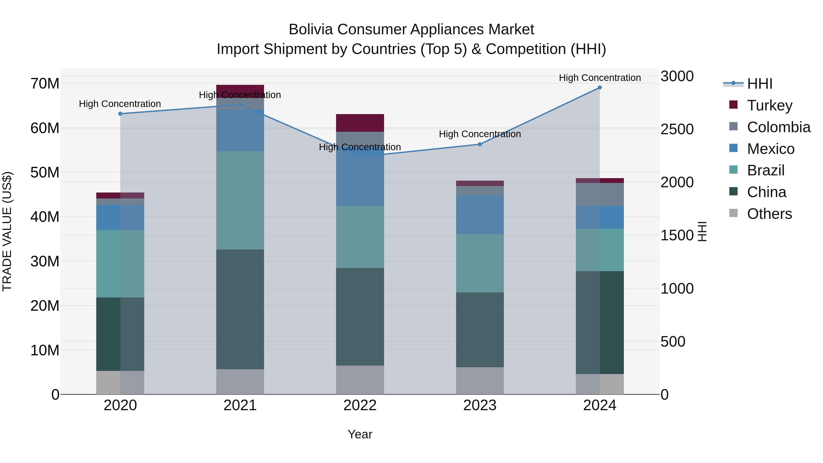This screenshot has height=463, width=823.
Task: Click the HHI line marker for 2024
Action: (x=600, y=88)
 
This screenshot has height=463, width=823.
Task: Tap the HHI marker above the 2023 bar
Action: (x=480, y=144)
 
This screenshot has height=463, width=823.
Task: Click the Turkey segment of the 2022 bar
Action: (x=360, y=123)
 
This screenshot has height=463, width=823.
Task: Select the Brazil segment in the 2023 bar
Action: (x=480, y=263)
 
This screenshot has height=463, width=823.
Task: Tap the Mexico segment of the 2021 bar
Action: (x=240, y=130)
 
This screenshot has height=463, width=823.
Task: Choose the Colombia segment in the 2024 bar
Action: (x=600, y=194)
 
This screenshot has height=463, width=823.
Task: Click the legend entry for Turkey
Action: (x=770, y=105)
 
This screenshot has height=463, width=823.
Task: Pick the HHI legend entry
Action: (x=759, y=84)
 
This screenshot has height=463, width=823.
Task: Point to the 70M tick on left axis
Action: (x=45, y=84)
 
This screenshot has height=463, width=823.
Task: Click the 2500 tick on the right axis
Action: (x=677, y=129)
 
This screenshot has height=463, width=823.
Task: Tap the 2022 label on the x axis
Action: (x=360, y=405)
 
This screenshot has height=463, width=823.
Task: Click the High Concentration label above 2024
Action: (x=600, y=78)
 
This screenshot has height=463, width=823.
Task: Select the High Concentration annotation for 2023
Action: (x=480, y=134)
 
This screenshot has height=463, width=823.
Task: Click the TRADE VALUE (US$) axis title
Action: (x=7, y=231)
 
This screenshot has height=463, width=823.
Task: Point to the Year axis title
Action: (x=360, y=434)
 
